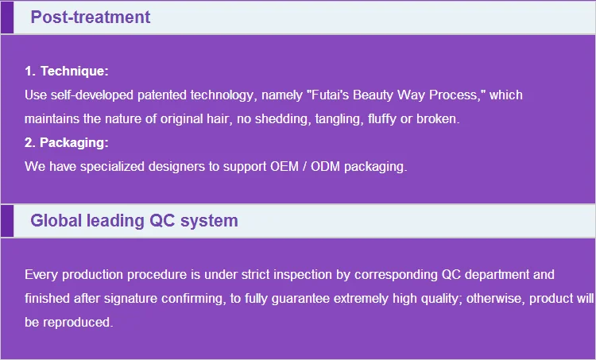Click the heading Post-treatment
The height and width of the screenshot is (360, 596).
tap(91, 17)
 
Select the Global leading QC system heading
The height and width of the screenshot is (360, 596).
tap(134, 221)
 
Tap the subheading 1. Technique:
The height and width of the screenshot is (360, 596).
tap(67, 71)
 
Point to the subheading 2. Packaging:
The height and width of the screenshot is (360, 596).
tap(67, 142)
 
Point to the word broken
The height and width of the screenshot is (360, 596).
tap(438, 119)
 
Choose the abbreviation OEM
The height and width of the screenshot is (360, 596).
tap(284, 167)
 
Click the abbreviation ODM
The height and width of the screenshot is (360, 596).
tap(325, 167)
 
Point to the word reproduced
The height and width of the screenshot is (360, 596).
tap(78, 323)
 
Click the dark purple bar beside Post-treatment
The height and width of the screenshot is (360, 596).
tap(7, 17)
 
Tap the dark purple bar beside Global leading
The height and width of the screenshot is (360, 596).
tap(7, 221)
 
